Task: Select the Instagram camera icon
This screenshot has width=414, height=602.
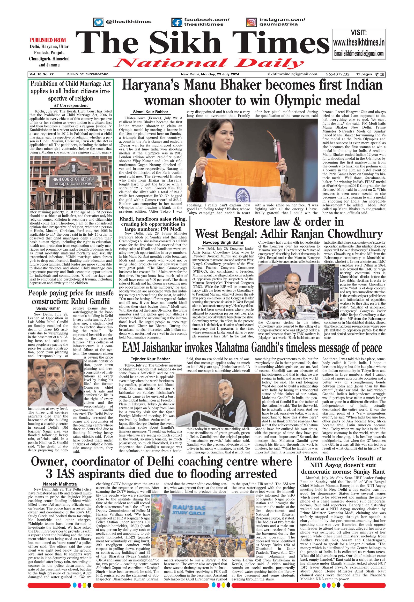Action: (x=251, y=22)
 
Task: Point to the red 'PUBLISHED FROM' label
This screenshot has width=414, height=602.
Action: (x=48, y=40)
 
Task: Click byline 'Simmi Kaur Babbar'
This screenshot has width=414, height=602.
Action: (x=151, y=112)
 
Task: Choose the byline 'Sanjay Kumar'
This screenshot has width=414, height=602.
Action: (x=48, y=308)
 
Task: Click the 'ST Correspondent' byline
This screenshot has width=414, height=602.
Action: (x=71, y=105)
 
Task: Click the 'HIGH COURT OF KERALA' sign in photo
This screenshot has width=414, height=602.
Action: (x=70, y=179)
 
